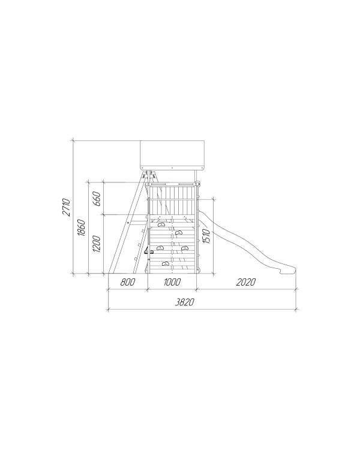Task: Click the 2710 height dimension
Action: [66, 206]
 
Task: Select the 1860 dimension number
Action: [81, 227]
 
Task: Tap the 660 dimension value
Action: [97, 199]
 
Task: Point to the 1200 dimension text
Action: [97, 244]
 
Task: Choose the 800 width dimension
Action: [127, 282]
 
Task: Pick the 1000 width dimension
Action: [172, 282]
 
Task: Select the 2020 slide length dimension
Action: [246, 282]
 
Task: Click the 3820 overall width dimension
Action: [185, 302]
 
